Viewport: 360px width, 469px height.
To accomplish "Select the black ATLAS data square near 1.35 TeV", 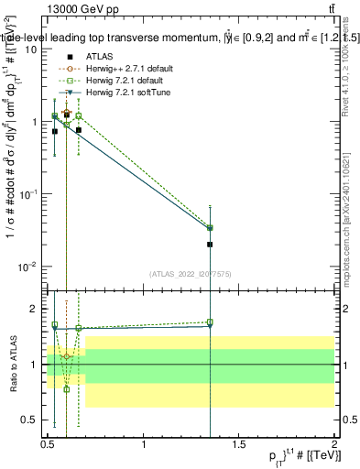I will coord(211,245).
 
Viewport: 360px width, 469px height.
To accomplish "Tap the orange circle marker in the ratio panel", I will coord(67,355).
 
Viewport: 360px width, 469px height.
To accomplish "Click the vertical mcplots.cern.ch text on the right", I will coord(348,229).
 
